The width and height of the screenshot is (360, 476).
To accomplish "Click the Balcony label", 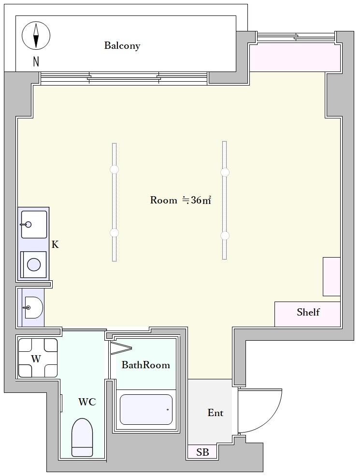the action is tap(122, 45).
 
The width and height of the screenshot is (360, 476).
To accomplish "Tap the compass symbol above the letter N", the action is tap(36, 35).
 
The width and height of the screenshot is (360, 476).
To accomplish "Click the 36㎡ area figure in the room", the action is tap(201, 201).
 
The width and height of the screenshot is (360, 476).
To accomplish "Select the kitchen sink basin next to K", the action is tap(34, 225).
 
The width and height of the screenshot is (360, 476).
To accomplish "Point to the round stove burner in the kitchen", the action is tap(34, 264).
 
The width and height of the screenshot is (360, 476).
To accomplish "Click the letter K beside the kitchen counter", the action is tap(55, 245).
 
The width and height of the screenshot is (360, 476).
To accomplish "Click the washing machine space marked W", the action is tap(38, 358).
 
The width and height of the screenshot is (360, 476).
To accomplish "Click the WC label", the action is tap(87, 402).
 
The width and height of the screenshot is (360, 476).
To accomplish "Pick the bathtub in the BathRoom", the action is tap(146, 409).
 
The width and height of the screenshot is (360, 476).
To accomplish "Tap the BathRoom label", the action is tap(146, 364).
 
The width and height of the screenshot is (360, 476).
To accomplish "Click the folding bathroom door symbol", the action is tap(121, 348).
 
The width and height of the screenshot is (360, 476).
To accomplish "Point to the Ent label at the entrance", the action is tap(215, 413).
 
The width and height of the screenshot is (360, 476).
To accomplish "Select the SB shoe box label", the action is tap(202, 452).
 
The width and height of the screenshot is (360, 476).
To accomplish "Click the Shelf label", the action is tap(308, 312).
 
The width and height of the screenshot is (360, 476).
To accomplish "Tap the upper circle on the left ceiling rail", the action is tap(114, 170).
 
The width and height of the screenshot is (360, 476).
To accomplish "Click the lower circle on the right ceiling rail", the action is tap(225, 235).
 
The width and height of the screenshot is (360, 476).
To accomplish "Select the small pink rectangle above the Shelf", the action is tap(331, 276).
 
